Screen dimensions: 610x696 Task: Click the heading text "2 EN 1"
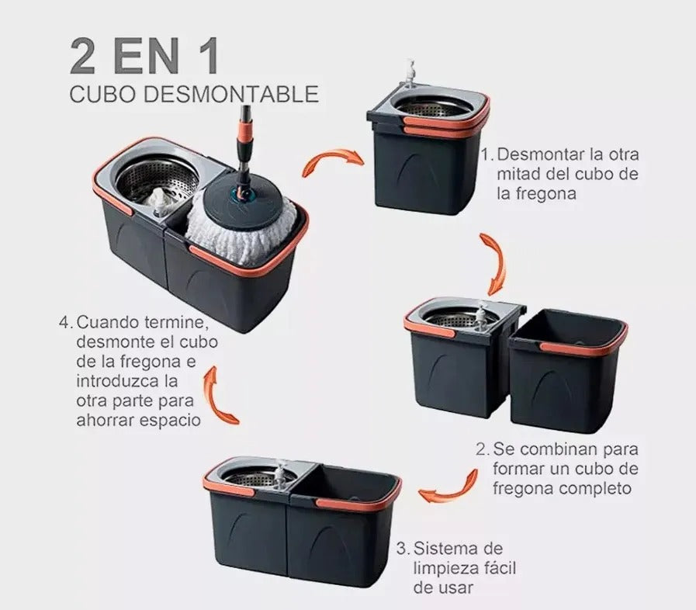click(x=144, y=56)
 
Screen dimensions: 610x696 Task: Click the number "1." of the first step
click(x=487, y=154)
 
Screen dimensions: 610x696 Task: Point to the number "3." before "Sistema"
click(x=402, y=547)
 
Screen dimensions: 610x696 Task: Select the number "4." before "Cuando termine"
click(x=65, y=321)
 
